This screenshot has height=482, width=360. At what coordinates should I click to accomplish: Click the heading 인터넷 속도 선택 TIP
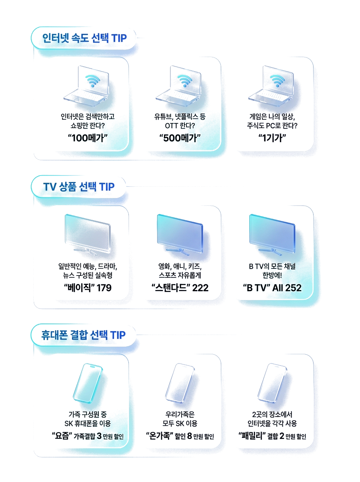coord(84,38)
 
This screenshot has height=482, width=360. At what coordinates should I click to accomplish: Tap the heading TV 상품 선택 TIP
coord(79,187)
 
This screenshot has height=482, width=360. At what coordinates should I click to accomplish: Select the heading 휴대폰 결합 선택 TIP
coord(84,335)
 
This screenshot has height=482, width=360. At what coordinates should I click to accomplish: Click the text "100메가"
coord(88,138)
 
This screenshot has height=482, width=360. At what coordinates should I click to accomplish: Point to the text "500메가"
coord(180,138)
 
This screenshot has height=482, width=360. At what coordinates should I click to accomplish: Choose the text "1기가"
coord(272,138)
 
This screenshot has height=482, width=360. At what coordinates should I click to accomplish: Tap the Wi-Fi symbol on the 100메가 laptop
coord(93,80)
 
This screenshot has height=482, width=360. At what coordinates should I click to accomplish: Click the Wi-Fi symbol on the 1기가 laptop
coord(277,80)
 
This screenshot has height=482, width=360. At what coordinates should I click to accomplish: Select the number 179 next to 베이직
coord(104,288)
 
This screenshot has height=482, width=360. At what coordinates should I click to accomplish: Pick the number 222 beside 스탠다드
coord(200,288)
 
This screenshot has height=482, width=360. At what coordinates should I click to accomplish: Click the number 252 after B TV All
coord(293,288)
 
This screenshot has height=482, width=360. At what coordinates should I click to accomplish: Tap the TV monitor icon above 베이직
coord(88,235)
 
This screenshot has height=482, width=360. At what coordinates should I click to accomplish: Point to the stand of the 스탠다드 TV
coord(178,252)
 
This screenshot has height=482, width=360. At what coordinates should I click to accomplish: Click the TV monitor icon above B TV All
coord(272,235)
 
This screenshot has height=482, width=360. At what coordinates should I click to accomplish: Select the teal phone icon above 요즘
coord(88,383)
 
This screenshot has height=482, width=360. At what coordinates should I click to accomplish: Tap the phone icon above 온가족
coord(180,383)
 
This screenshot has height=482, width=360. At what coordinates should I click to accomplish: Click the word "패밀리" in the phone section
coord(252,435)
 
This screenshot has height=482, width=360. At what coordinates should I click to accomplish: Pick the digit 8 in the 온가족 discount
coord(190,436)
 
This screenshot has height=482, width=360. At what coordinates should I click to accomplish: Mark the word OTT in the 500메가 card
coord(171,126)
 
